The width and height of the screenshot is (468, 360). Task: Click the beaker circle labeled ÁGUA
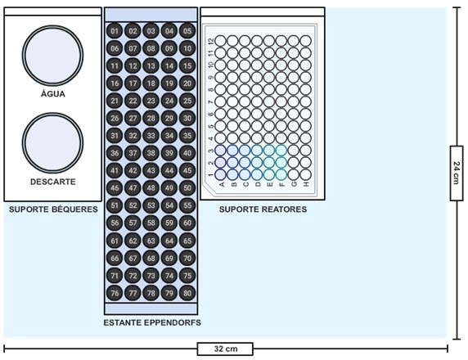[52, 55]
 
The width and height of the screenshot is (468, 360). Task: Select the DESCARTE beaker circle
[52, 142]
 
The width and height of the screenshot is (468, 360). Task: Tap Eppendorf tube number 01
[115, 31]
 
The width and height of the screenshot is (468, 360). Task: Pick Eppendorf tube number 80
[187, 293]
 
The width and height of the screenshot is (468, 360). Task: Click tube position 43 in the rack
[151, 170]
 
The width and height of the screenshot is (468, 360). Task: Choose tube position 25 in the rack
[187, 101]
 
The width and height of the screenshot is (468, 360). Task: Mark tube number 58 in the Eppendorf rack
[151, 223]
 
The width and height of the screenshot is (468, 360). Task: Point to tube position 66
[115, 258]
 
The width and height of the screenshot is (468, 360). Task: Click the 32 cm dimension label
[225, 349]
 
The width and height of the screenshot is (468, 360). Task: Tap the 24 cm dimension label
[457, 173]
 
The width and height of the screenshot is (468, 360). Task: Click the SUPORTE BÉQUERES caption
[53, 209]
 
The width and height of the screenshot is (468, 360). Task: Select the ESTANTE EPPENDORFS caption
[152, 322]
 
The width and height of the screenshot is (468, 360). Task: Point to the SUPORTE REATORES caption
[263, 209]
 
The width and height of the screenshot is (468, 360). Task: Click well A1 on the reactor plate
[220, 174]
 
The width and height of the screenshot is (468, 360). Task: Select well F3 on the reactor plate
[281, 151]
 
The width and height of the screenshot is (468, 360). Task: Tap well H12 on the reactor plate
[306, 41]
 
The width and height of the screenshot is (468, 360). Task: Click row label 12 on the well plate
[211, 41]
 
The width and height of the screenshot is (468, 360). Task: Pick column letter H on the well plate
[306, 184]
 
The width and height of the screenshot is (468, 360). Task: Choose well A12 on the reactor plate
[220, 41]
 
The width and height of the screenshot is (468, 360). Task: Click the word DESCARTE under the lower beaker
[53, 182]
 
